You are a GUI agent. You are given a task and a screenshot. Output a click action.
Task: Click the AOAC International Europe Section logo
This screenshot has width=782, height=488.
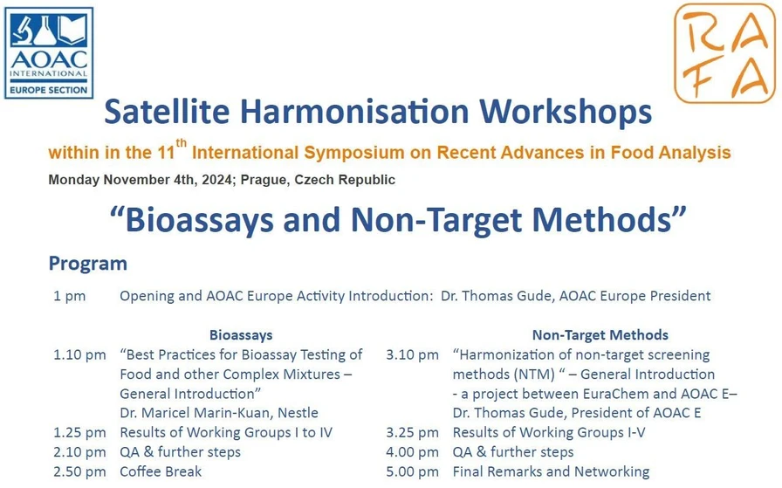coord(49,52)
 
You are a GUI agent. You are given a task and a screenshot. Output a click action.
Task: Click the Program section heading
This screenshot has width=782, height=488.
coord(87,264)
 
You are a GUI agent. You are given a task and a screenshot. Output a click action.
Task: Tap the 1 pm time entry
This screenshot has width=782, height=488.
coord(69,296)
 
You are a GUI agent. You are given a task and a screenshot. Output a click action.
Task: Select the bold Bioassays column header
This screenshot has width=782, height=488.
coord(241,335)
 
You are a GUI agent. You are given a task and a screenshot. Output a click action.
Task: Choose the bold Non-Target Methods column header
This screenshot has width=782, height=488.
coord(600,335)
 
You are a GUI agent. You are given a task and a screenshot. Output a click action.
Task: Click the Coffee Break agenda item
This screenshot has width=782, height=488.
coord(161,471)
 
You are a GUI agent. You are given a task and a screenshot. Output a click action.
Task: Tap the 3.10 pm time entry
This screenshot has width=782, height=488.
coord(412,355)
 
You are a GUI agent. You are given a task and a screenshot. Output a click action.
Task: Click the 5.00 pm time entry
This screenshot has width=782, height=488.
coord(412,471)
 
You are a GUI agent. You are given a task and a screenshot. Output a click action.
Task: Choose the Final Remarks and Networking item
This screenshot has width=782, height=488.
coord(551,471)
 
